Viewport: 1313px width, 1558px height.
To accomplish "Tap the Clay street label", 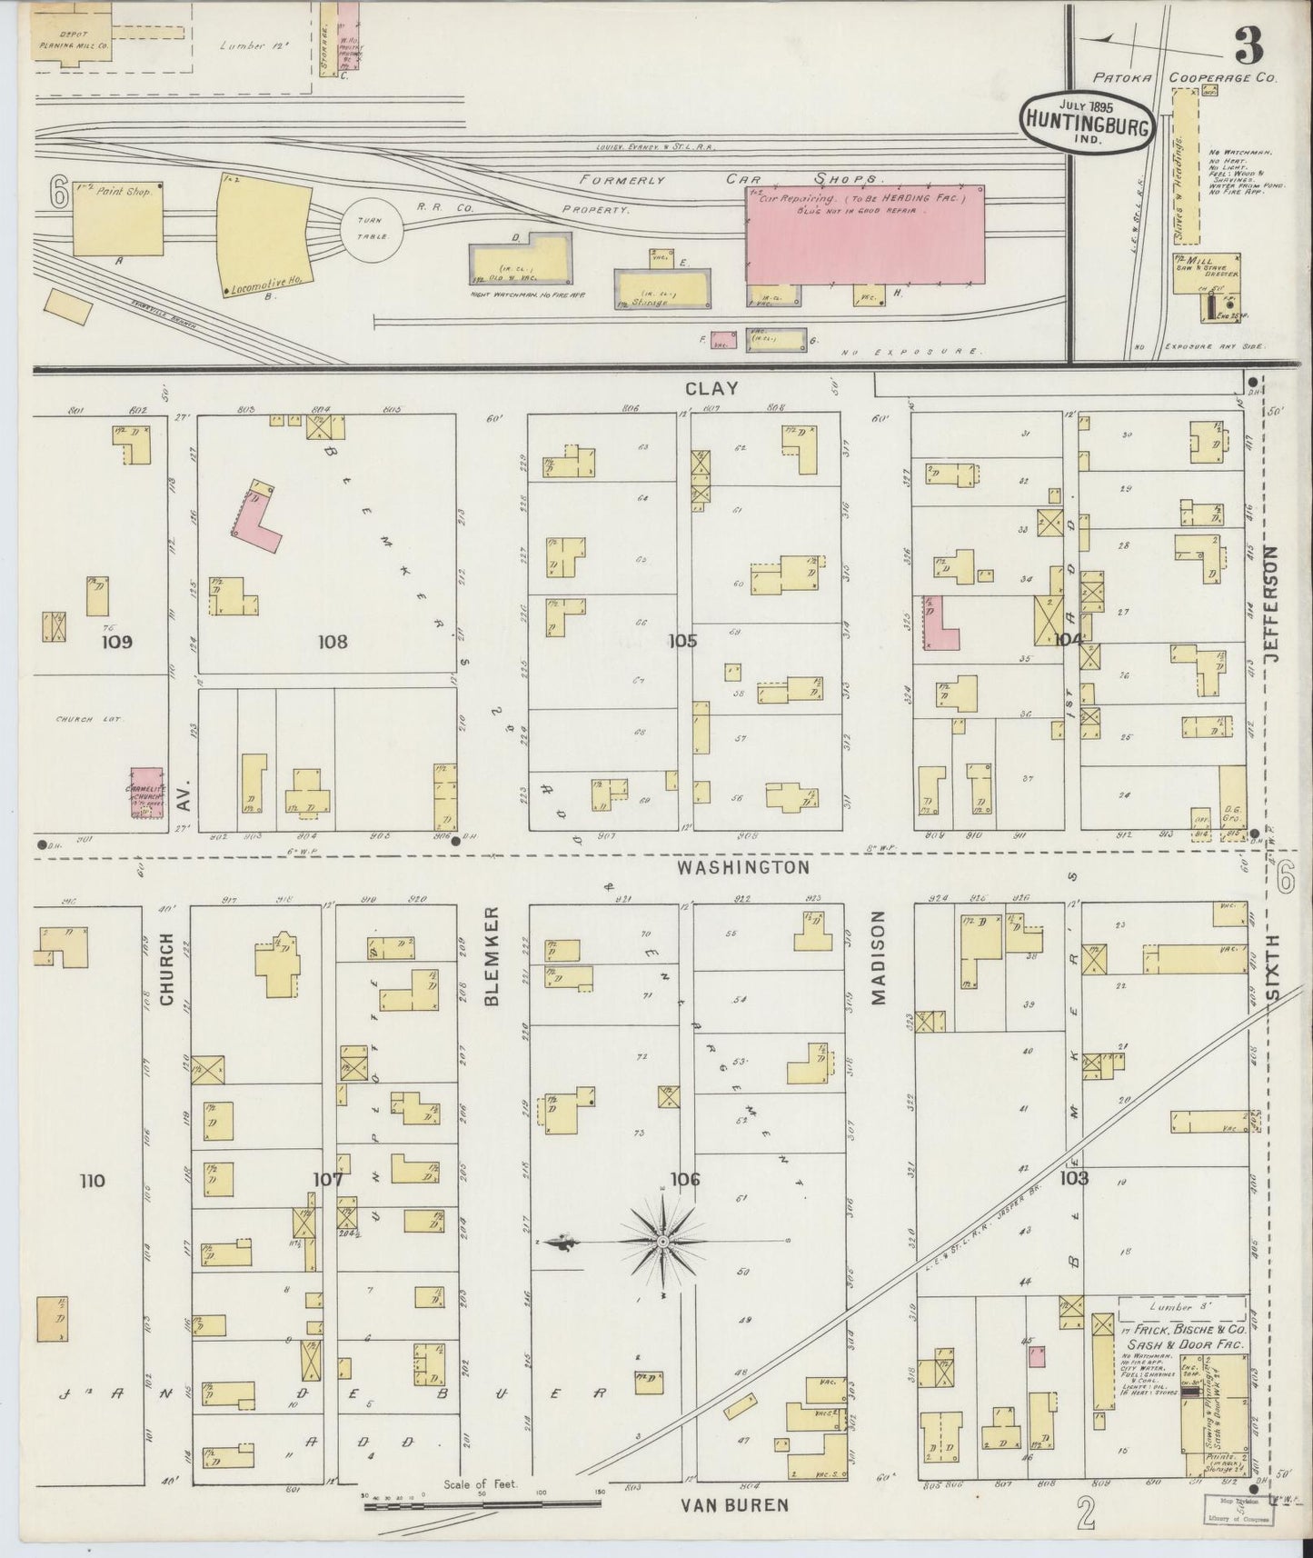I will point(711,388).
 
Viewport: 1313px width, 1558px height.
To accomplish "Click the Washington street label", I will point(742,867).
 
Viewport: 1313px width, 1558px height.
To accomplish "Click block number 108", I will point(333,642).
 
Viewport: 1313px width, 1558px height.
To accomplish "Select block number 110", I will point(92,1181).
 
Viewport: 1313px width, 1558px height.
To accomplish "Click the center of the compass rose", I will point(663,1241).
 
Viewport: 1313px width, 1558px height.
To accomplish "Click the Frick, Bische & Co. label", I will point(1184,1328).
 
